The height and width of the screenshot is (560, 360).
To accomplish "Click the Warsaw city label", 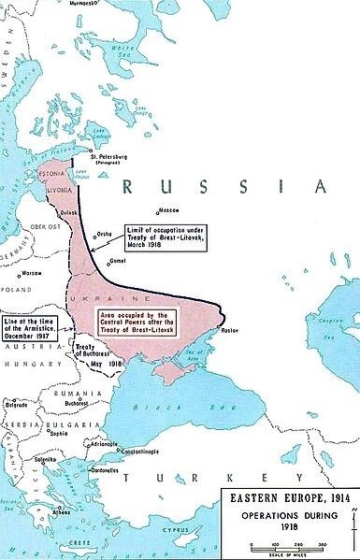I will (32, 272).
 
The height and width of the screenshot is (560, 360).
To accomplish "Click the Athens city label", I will (63, 512).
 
